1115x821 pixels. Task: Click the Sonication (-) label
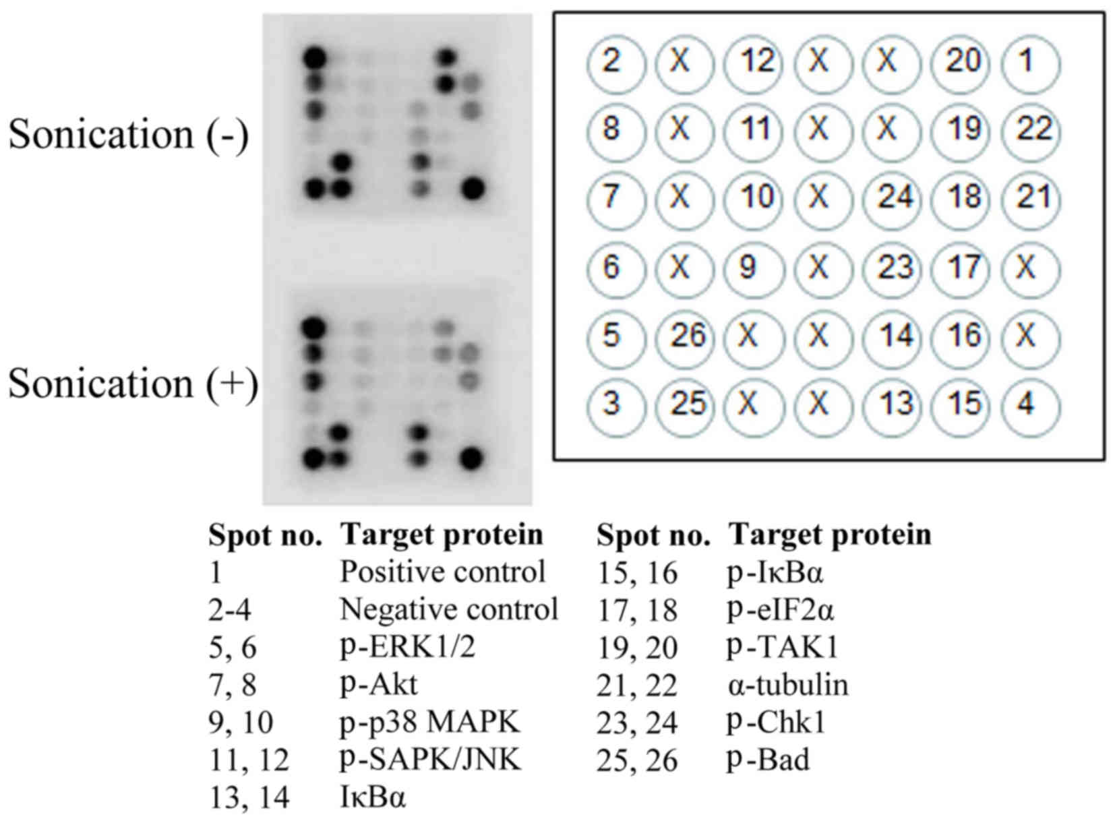[x=128, y=134]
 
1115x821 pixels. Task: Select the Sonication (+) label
[x=133, y=384]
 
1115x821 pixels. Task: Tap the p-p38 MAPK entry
[x=429, y=723]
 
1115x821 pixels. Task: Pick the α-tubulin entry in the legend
[x=787, y=686]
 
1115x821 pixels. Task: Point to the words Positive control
[x=442, y=572]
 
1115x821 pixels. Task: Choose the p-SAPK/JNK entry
[x=430, y=760]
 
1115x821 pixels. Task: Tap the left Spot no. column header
[x=265, y=536]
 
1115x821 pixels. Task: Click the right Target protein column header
[x=830, y=535]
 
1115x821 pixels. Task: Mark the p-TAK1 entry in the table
[x=781, y=648]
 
